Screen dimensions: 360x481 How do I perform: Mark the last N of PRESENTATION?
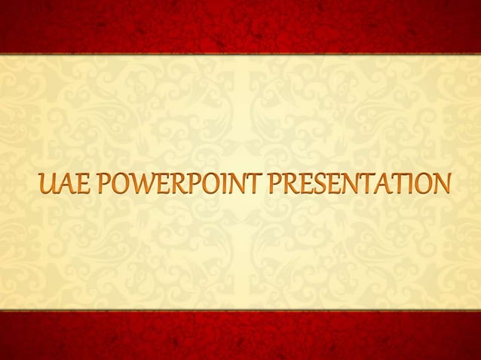(x=442, y=184)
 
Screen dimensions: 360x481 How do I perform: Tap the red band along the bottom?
(x=240, y=336)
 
